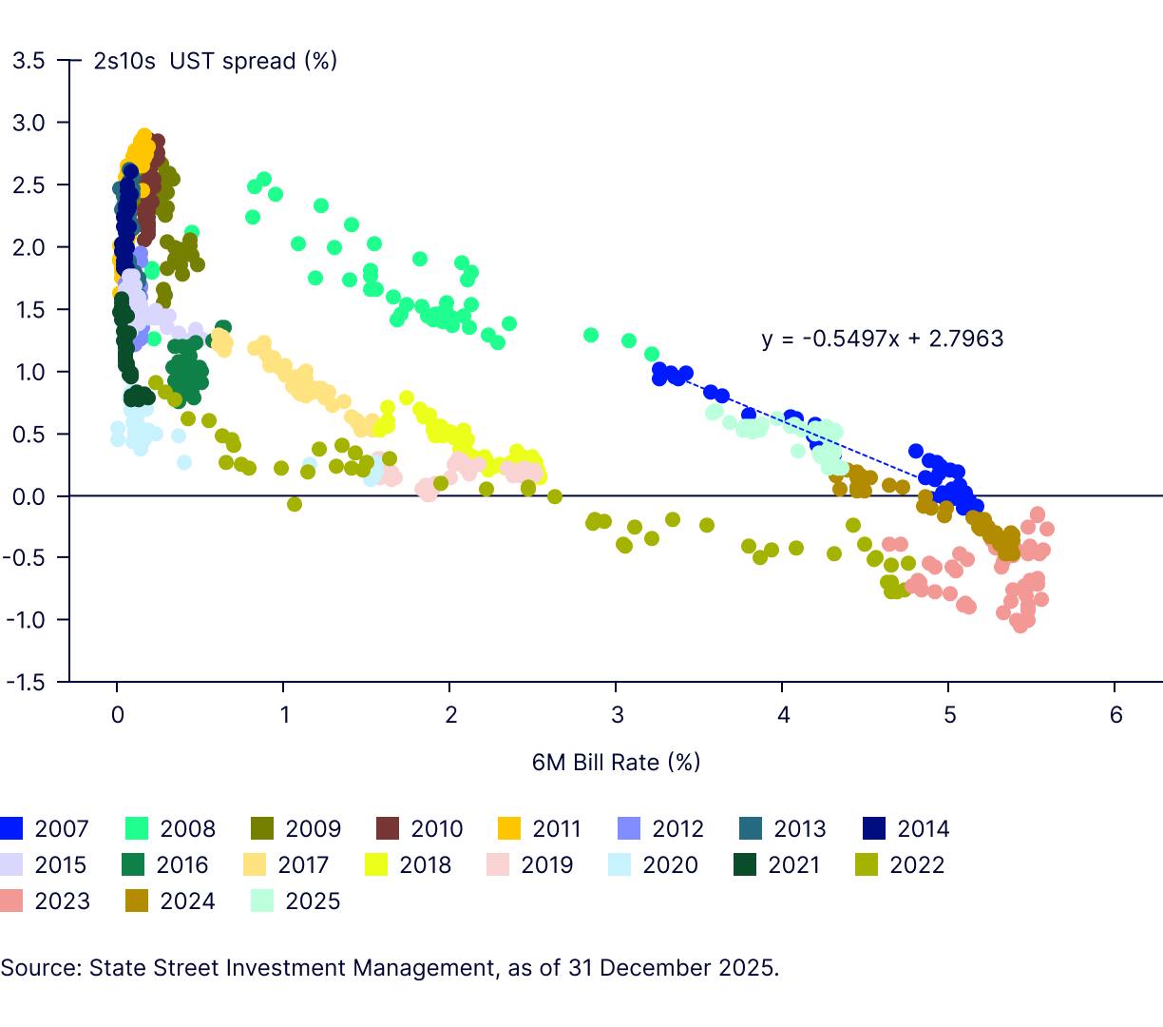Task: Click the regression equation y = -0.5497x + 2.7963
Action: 882,339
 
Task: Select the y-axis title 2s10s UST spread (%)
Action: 215,61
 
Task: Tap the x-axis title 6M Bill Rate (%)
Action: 616,762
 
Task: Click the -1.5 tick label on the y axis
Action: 25,682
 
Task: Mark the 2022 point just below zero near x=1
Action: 295,504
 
